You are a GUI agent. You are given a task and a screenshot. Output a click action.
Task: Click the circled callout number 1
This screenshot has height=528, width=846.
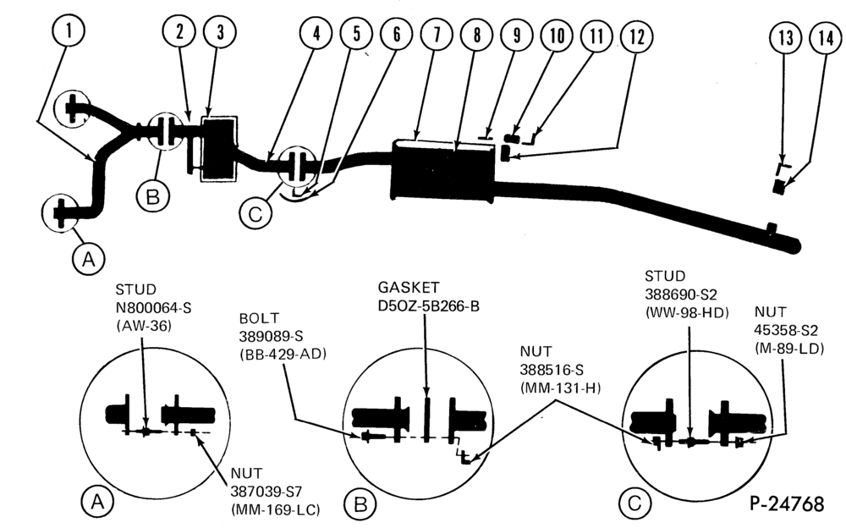pyautogui.click(x=69, y=30)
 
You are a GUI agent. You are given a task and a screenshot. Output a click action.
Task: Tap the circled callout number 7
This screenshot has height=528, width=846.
pyautogui.click(x=437, y=35)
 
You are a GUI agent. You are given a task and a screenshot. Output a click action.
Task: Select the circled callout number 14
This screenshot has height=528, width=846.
pyautogui.click(x=826, y=38)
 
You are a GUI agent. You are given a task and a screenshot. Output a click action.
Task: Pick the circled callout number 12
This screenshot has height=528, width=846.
pyautogui.click(x=637, y=37)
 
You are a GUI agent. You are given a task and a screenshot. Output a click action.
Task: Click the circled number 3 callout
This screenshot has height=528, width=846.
pyautogui.click(x=220, y=32)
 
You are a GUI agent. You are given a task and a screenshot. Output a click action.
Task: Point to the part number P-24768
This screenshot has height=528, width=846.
pyautogui.click(x=787, y=503)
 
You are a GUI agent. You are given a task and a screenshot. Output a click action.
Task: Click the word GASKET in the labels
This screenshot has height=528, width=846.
pyautogui.click(x=409, y=287)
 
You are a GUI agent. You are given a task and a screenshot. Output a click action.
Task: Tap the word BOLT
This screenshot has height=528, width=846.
pyautogui.click(x=259, y=317)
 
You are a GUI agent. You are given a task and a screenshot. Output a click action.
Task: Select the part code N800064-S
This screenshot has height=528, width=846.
pyautogui.click(x=153, y=308)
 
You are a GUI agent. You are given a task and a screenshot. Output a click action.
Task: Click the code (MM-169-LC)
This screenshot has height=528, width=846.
pyautogui.click(x=275, y=509)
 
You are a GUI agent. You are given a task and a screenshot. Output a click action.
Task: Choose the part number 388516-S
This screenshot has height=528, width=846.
pyautogui.click(x=552, y=370)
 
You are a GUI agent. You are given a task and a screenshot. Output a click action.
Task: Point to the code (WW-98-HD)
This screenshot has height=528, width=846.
pyautogui.click(x=687, y=312)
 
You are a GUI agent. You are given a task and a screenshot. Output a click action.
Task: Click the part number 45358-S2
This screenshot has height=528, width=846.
pyautogui.click(x=786, y=330)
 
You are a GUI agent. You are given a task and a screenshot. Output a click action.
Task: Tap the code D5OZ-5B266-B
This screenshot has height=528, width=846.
pyautogui.click(x=428, y=306)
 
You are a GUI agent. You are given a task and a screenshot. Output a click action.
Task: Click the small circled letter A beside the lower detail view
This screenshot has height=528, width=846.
pyautogui.click(x=97, y=502)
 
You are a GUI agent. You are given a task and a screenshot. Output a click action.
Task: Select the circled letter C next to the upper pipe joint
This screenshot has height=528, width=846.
pyautogui.click(x=255, y=214)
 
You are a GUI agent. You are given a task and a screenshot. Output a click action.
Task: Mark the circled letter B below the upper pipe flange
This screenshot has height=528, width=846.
pyautogui.click(x=152, y=196)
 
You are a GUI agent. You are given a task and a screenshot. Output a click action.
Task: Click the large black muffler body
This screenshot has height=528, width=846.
pyautogui.click(x=442, y=172)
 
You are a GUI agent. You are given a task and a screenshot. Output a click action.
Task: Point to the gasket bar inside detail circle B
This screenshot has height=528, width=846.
pyautogui.click(x=426, y=420)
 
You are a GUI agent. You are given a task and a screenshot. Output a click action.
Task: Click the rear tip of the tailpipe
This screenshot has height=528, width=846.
pyautogui.click(x=799, y=246)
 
